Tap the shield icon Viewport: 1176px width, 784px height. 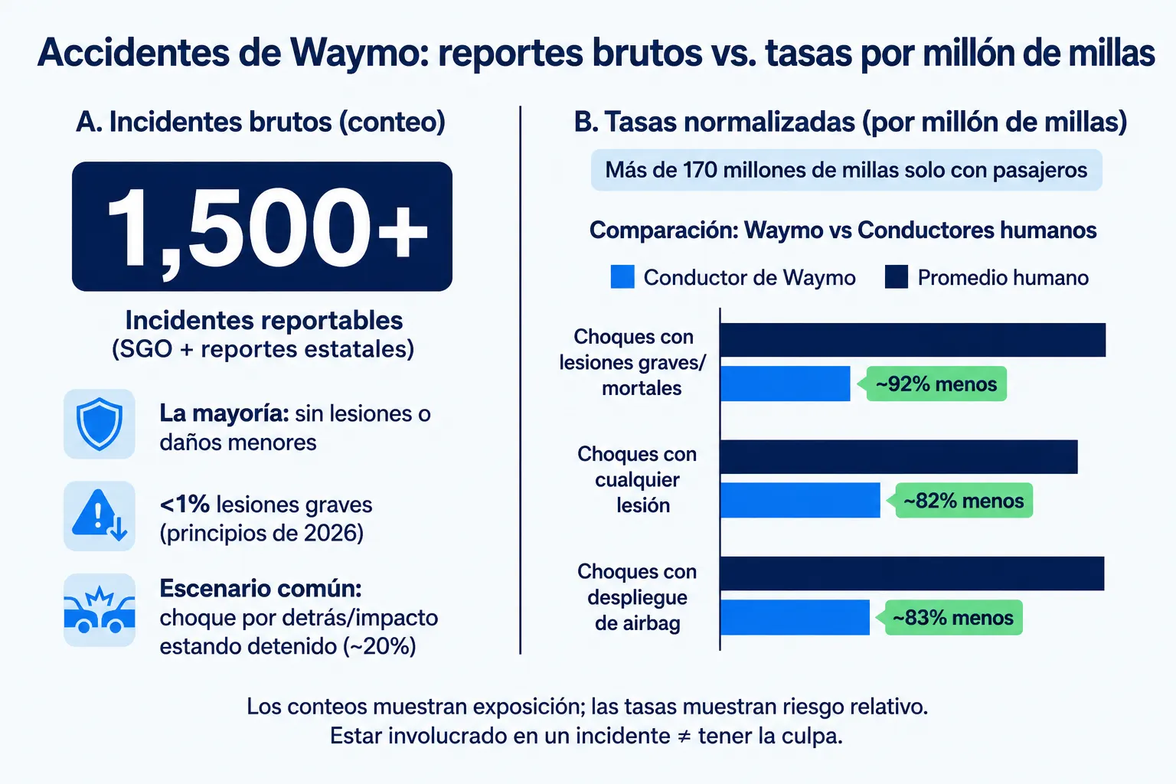click(100, 423)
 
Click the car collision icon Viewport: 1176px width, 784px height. click(100, 610)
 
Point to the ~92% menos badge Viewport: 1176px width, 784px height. click(935, 384)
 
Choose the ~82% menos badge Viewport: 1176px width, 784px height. click(963, 501)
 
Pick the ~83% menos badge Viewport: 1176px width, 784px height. click(953, 618)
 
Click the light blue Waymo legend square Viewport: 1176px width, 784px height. click(622, 276)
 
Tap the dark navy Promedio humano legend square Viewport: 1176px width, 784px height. click(897, 276)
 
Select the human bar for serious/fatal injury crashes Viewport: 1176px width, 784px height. click(913, 340)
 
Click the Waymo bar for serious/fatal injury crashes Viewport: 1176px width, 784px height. click(785, 384)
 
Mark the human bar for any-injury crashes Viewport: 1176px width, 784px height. click(899, 457)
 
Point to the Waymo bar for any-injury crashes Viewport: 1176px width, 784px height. click(800, 501)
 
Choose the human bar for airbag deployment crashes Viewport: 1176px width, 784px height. click(913, 573)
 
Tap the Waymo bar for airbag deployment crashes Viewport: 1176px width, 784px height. click(795, 618)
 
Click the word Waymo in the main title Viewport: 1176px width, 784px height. click(352, 53)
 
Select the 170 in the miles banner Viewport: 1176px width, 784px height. click(700, 170)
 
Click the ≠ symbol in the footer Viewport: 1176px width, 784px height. click(684, 737)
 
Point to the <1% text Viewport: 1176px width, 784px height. click(185, 505)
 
